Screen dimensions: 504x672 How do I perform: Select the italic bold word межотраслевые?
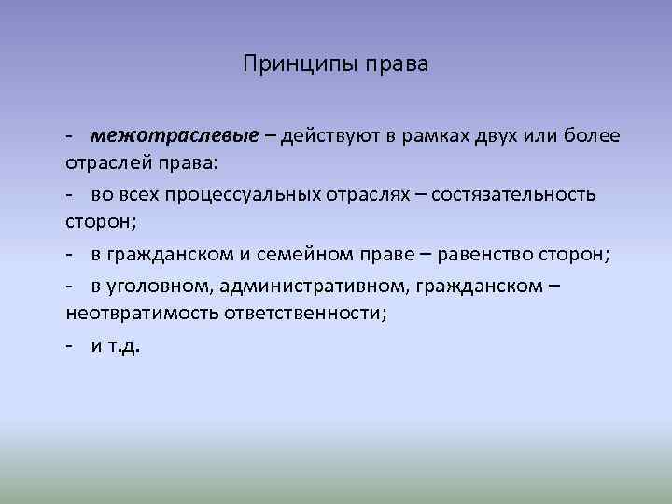[175, 136]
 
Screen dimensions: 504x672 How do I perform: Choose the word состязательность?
[511, 194]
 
